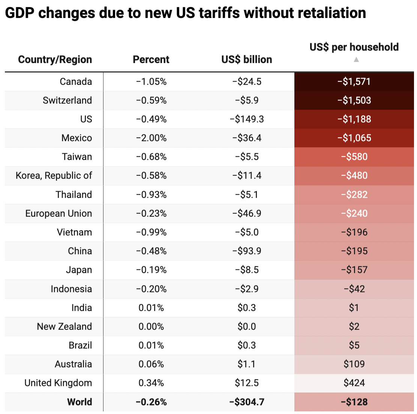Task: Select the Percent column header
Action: click(x=151, y=59)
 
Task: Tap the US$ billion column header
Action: click(x=246, y=59)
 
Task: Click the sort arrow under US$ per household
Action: click(x=356, y=59)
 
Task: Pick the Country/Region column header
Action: click(x=55, y=59)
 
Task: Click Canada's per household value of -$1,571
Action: click(x=354, y=82)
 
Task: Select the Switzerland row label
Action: click(x=67, y=100)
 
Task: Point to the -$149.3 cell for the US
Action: click(x=247, y=119)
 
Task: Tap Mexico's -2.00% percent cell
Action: click(x=151, y=138)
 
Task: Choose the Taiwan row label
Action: click(x=77, y=157)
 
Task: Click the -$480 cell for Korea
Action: click(x=354, y=175)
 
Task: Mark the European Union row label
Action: click(x=58, y=213)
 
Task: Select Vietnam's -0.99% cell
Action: click(x=151, y=232)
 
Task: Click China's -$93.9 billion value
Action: click(x=247, y=251)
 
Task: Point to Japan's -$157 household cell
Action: click(x=354, y=270)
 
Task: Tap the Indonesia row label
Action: click(x=71, y=289)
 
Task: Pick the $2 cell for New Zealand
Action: click(x=354, y=326)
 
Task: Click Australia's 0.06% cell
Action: click(x=151, y=364)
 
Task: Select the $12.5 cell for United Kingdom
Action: click(x=247, y=383)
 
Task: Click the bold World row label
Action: click(x=79, y=402)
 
